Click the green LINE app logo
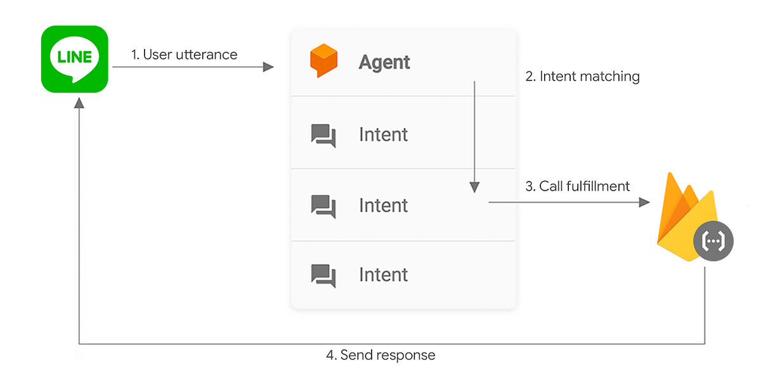[x=74, y=59]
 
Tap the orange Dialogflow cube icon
[x=323, y=61]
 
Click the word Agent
[x=384, y=62]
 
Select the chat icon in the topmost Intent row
[x=323, y=135]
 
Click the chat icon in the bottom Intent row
[x=323, y=276]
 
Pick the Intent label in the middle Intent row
[x=383, y=206]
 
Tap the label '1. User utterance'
[x=184, y=55]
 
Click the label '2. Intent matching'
[x=582, y=77]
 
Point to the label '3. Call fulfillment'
[x=577, y=186]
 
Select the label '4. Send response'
[x=380, y=355]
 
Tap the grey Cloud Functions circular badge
[x=713, y=241]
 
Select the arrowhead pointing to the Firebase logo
[x=644, y=202]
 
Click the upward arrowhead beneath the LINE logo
[x=79, y=104]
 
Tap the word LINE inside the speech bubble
[x=74, y=57]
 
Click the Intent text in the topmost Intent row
[x=383, y=135]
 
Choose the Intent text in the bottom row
[x=383, y=275]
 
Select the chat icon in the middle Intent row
[x=323, y=206]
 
